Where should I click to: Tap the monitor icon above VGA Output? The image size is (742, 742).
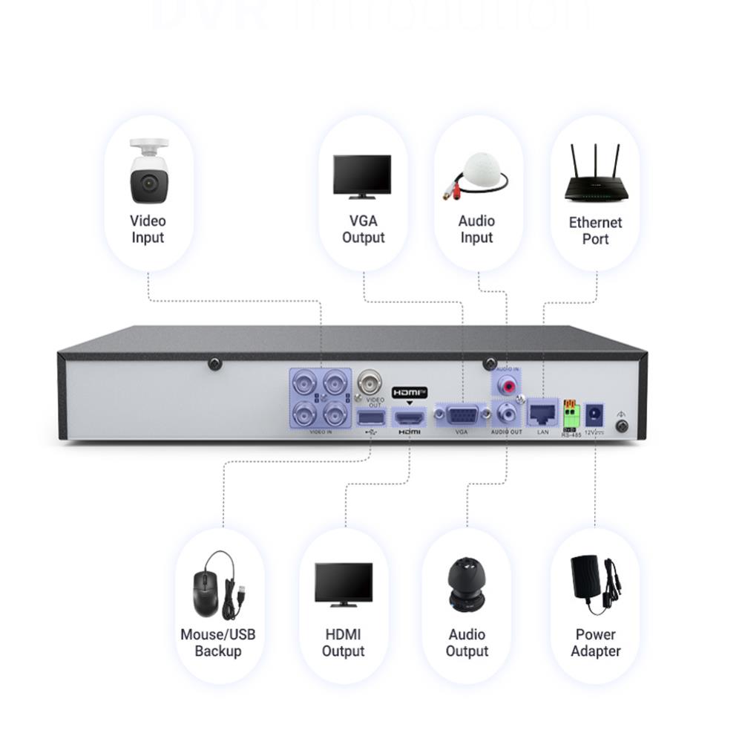coord(362,176)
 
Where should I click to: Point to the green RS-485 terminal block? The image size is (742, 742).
coord(570,411)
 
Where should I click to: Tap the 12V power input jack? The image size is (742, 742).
coord(594,413)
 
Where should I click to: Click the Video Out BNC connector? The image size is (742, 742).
coord(370,384)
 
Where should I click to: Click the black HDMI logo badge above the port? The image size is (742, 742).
coord(410,391)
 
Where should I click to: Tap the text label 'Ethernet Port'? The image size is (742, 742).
coord(595,230)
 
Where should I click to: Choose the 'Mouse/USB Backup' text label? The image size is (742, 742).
coord(217,642)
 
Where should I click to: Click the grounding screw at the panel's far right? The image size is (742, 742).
coord(623,426)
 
